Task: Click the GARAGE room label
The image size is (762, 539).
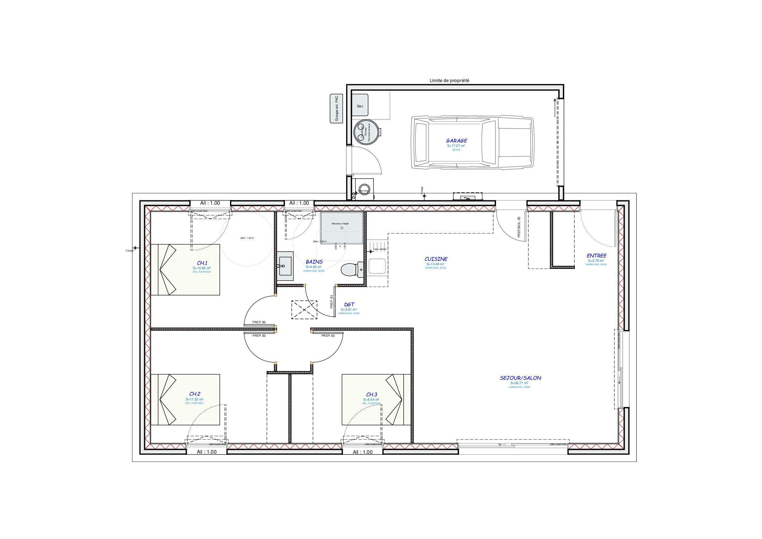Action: tap(456, 141)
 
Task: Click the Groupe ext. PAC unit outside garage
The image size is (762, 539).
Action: tap(337, 108)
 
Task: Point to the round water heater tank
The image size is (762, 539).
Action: tap(366, 132)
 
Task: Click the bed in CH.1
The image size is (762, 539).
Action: tap(185, 270)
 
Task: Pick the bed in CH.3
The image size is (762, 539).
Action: tap(377, 399)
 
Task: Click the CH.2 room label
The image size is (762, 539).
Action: tap(195, 394)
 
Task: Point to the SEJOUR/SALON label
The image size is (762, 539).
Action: tap(520, 378)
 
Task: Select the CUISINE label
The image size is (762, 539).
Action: tap(436, 259)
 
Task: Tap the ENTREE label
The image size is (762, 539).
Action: tap(596, 256)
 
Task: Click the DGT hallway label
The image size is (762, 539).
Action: tap(349, 304)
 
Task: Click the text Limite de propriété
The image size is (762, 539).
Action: tap(449, 81)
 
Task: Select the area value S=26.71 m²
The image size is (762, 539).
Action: tap(519, 383)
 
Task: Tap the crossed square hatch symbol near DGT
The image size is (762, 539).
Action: tap(304, 309)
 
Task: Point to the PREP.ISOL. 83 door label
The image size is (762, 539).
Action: tap(519, 227)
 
